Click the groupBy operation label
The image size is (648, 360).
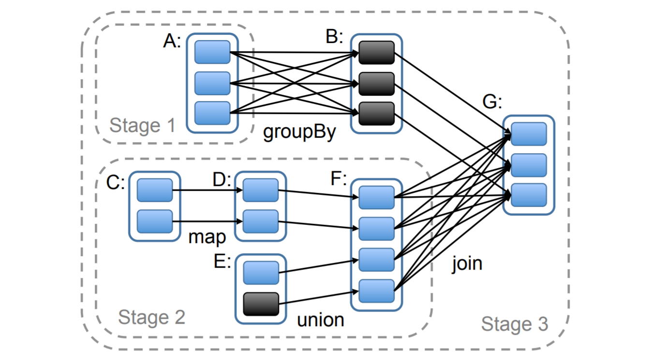click(x=299, y=132)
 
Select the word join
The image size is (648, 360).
click(x=467, y=263)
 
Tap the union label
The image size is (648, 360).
click(x=320, y=319)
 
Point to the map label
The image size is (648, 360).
click(x=207, y=237)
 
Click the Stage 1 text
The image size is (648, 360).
click(x=142, y=126)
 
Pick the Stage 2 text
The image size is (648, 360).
click(x=151, y=317)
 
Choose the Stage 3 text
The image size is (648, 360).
click(x=515, y=324)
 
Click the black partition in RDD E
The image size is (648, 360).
click(x=261, y=304)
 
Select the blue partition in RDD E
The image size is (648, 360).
click(x=261, y=273)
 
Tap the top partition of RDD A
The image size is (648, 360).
click(x=212, y=52)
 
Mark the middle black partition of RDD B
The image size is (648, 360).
click(x=377, y=84)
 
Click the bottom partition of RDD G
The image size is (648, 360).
click(x=529, y=195)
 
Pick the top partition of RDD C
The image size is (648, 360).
click(x=155, y=190)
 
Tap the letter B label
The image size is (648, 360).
click(x=334, y=37)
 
